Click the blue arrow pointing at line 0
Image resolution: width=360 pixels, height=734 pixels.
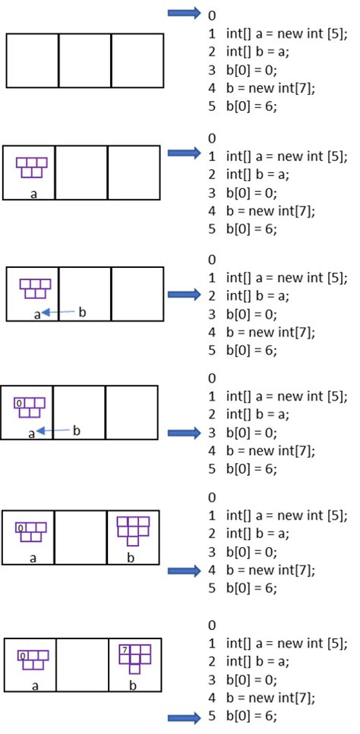(x=183, y=13)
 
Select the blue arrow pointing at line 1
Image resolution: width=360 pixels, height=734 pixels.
(x=183, y=154)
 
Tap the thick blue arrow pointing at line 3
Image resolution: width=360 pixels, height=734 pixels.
(x=183, y=433)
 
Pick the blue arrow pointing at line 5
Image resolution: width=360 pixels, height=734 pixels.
(x=183, y=717)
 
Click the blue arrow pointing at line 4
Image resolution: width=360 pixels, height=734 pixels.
(x=183, y=572)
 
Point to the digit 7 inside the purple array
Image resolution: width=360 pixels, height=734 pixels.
(x=124, y=650)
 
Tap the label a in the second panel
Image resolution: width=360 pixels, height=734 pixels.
(x=33, y=193)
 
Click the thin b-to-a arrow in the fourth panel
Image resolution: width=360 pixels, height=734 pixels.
(x=54, y=431)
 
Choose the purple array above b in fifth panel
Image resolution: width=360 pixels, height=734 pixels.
(x=134, y=530)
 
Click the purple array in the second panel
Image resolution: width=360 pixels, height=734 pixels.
(x=31, y=167)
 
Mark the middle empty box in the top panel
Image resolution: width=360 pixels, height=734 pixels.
(x=84, y=61)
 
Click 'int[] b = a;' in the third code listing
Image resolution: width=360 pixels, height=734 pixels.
(x=257, y=295)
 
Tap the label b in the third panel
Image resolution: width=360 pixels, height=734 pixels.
(x=82, y=312)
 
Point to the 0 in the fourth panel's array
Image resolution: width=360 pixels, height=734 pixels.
(x=19, y=405)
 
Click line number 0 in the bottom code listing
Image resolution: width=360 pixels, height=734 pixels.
(x=211, y=625)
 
